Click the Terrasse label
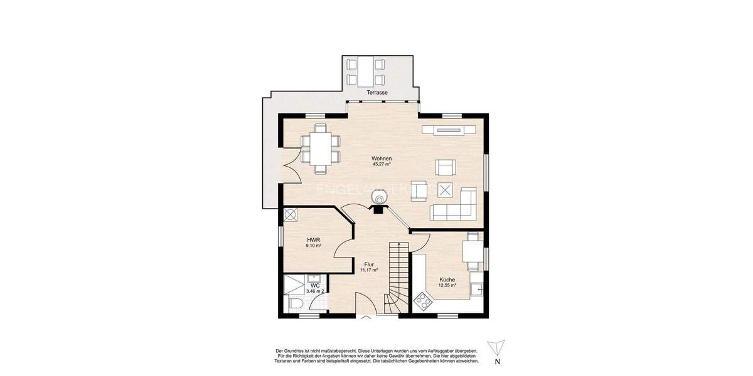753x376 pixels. click(377, 93)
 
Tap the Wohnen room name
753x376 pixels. click(381, 159)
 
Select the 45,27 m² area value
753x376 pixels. click(381, 165)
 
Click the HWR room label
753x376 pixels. click(314, 240)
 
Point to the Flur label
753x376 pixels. click(369, 264)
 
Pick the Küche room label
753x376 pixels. click(447, 279)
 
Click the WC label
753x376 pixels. click(315, 286)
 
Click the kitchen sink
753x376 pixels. click(478, 289)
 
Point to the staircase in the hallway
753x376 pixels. click(397, 276)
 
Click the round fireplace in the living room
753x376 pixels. click(379, 199)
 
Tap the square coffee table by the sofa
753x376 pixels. click(446, 189)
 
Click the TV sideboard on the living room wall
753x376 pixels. click(449, 130)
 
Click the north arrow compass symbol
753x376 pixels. click(497, 348)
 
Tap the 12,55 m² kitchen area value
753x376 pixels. click(447, 286)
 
